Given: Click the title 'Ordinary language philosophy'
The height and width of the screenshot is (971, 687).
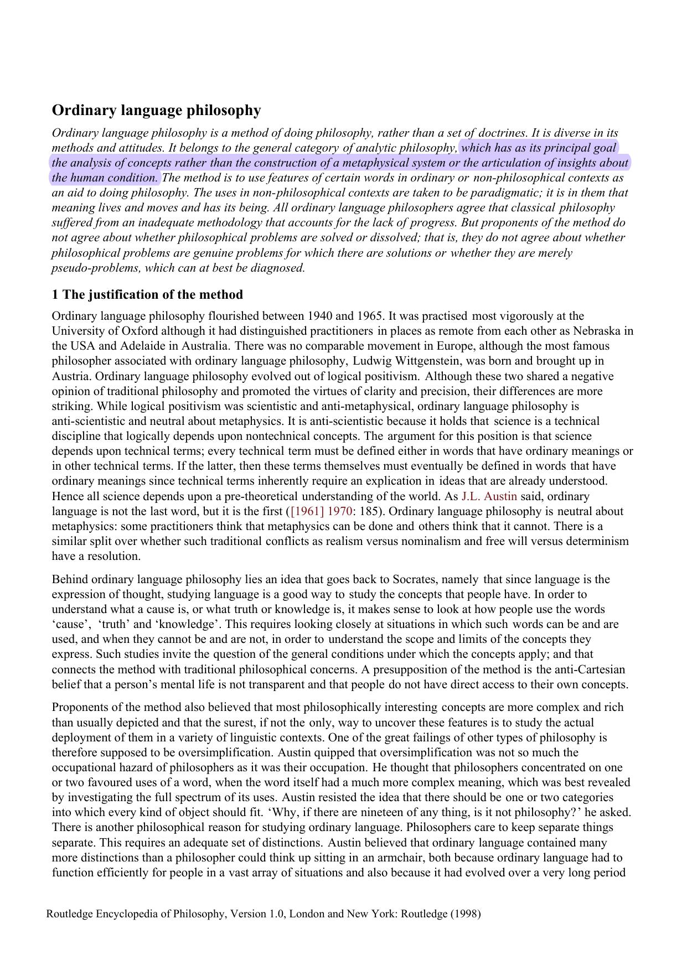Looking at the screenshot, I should (x=156, y=111).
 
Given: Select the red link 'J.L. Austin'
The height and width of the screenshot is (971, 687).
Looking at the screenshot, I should (x=489, y=496).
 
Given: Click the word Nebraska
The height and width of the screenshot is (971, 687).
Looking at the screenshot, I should (x=597, y=331).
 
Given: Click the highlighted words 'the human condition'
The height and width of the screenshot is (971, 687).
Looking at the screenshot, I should (x=105, y=178).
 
